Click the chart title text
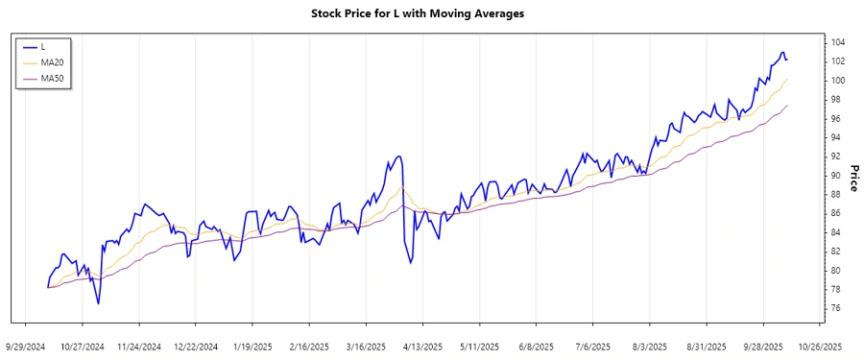431,13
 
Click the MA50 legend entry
51,78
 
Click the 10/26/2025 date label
821,346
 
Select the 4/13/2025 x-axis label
422,346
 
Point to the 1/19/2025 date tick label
252,346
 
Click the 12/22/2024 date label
196,346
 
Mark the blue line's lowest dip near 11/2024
98,304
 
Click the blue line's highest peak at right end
782,52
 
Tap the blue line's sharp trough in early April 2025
411,263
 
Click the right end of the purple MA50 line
787,106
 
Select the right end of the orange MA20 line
787,80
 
